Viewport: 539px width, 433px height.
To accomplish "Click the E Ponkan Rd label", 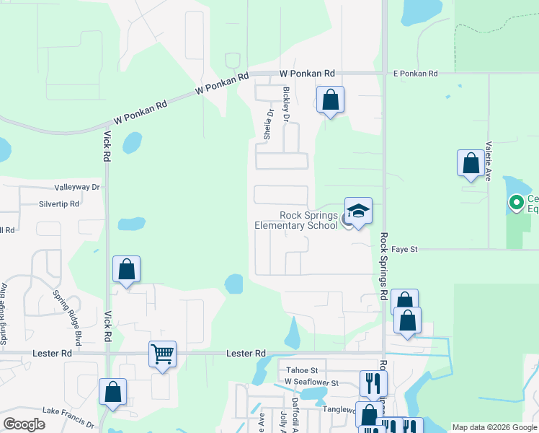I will tap(415, 74).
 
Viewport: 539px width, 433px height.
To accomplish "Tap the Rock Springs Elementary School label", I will tap(296, 220).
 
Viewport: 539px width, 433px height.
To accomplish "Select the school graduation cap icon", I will tap(358, 211).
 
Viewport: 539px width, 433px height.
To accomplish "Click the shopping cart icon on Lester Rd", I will tap(162, 354).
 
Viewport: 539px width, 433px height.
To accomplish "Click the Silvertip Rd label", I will tap(59, 204).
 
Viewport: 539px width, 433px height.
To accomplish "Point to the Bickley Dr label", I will tap(287, 104).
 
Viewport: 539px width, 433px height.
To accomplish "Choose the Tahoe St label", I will tap(293, 369).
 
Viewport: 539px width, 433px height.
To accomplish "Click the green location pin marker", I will tap(516, 203).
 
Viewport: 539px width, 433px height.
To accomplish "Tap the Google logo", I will tap(24, 424).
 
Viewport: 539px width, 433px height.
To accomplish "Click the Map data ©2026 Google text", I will tap(494, 427).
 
